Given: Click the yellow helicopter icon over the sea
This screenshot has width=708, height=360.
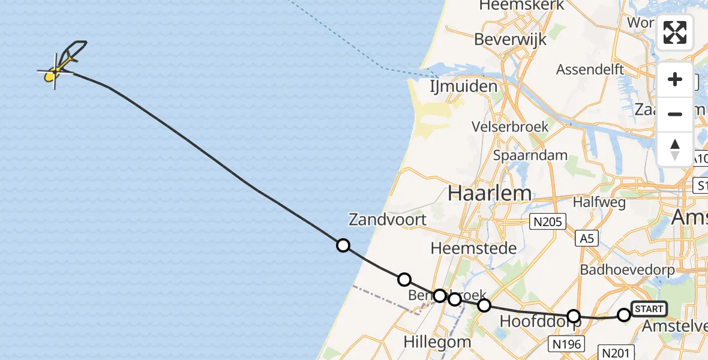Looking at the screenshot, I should click(60, 67).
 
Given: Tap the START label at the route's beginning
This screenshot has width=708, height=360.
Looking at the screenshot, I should click(649, 309).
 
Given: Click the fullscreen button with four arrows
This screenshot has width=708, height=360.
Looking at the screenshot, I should click(675, 32).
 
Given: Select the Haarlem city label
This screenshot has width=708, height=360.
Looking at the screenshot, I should click(490, 193).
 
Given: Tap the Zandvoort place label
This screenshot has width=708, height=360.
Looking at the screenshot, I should click(388, 220).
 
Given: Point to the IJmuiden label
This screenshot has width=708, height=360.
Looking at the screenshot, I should click(464, 86).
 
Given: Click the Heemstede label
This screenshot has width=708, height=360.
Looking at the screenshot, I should click(473, 248).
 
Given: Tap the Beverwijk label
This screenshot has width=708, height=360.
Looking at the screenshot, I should click(511, 40).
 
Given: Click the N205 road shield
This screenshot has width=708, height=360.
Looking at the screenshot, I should click(548, 223).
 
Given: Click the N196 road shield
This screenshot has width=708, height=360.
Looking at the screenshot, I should click(566, 343).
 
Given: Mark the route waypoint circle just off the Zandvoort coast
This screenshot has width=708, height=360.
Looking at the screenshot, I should click(343, 245).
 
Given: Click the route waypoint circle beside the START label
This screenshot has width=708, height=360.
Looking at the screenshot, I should click(624, 314).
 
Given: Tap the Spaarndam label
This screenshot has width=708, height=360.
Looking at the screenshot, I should click(530, 155).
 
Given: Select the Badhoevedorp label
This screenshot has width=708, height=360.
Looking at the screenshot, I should click(627, 269).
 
